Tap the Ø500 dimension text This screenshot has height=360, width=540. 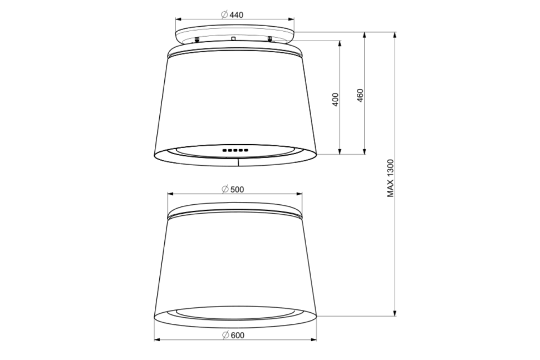pyautogui.click(x=233, y=189)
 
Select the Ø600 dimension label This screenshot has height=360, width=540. pyautogui.click(x=233, y=335)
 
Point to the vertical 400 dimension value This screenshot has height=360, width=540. pyautogui.click(x=336, y=100)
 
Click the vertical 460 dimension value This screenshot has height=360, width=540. pyautogui.click(x=360, y=95)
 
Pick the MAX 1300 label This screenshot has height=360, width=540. pyautogui.click(x=390, y=178)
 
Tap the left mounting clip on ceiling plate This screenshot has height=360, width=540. pyautogui.click(x=197, y=40)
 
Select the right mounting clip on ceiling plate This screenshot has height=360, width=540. pyautogui.click(x=270, y=39)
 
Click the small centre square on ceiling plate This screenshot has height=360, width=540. pyautogui.click(x=233, y=38)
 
